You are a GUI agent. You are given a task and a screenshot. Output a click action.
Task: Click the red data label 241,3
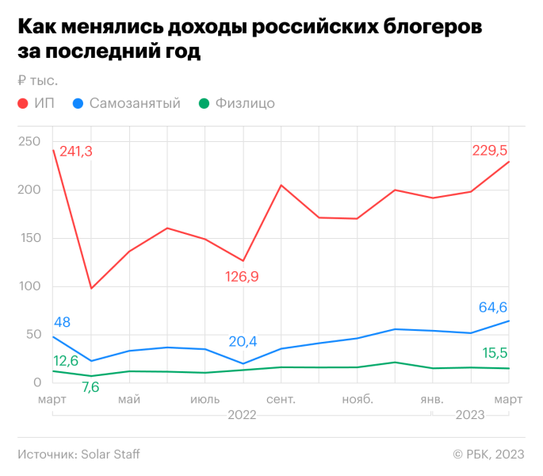tap(76, 151)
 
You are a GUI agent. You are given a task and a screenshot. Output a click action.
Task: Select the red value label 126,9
tap(243, 277)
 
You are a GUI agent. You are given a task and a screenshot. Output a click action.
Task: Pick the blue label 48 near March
tap(63, 323)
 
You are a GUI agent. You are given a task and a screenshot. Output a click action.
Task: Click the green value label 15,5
tap(495, 352)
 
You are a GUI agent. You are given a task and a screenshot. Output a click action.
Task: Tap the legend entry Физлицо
tap(245, 104)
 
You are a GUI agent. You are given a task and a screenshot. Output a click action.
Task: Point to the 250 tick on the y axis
tap(29, 141)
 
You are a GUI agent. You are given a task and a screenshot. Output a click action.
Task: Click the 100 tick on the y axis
tap(29, 286)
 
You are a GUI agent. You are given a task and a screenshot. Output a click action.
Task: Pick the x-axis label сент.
tap(281, 398)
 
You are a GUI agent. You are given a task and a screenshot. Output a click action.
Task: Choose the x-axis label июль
tap(205, 398)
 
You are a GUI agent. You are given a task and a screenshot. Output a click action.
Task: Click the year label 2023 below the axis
tap(470, 415)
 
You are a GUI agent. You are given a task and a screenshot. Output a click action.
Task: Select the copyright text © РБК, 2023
tap(488, 455)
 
